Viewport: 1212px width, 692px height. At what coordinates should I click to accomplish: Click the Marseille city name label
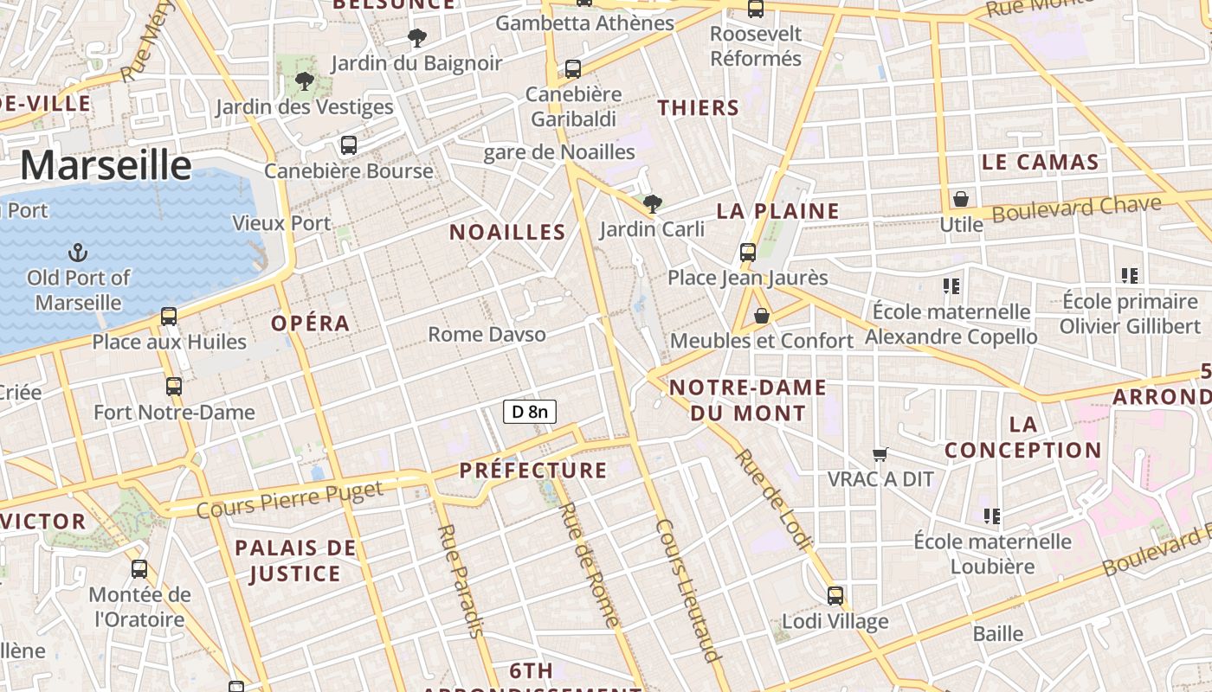click(106, 164)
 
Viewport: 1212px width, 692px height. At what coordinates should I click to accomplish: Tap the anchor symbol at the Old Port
click(78, 253)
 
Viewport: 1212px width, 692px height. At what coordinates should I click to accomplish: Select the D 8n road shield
click(529, 412)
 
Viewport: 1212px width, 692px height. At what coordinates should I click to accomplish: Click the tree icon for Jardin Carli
click(653, 204)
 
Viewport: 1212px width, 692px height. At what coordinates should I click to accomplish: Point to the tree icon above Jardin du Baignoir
click(416, 38)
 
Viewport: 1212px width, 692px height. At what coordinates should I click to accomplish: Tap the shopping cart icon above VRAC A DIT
click(880, 454)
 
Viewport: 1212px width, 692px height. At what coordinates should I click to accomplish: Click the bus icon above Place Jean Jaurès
click(748, 253)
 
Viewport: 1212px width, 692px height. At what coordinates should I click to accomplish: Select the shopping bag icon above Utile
click(961, 200)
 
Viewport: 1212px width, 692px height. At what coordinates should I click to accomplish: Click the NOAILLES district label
click(507, 232)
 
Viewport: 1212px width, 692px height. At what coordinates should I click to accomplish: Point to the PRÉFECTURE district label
click(533, 471)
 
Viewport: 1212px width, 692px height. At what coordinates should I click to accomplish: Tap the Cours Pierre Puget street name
click(289, 500)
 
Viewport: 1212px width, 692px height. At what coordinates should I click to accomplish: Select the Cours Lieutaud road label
click(689, 590)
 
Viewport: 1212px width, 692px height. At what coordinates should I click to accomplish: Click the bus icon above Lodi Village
click(835, 596)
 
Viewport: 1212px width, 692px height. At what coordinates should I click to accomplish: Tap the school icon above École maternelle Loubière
click(992, 516)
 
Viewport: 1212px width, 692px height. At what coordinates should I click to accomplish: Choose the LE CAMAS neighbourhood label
click(1040, 163)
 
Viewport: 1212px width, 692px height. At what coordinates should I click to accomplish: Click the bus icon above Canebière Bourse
click(349, 145)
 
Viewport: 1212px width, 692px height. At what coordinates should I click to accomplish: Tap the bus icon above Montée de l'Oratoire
click(139, 569)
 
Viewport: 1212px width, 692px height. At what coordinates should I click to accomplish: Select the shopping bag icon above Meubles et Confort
click(762, 316)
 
